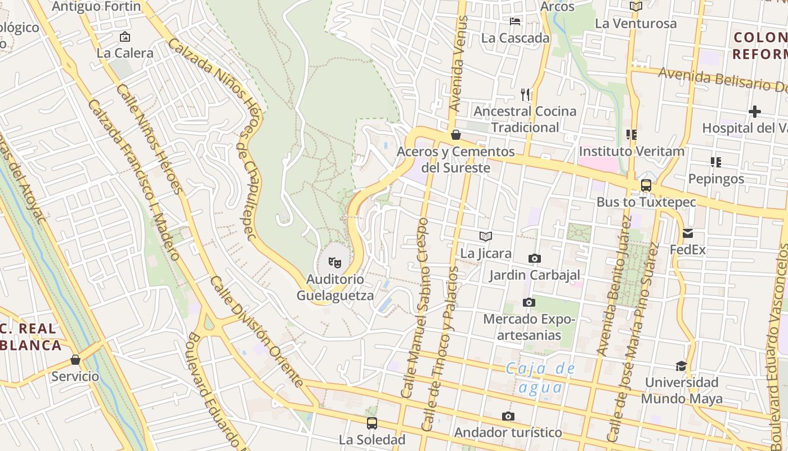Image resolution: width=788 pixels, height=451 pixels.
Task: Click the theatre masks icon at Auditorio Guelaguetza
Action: point(335,262)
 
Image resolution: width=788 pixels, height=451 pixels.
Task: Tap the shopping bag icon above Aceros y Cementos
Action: point(456,135)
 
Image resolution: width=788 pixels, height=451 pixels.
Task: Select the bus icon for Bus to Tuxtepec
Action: point(646,185)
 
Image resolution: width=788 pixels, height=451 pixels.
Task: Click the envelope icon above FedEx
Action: point(688,233)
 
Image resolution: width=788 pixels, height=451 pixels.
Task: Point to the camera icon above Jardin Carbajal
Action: point(535,258)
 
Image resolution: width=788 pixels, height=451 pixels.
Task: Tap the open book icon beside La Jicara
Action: point(486,236)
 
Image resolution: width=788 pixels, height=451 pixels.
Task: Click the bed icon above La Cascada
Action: point(515,21)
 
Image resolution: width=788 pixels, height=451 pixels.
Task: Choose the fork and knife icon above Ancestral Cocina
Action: point(525,94)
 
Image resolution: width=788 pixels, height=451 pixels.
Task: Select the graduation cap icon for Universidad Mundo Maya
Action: point(681,366)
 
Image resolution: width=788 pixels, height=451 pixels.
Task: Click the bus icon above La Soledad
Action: point(371,423)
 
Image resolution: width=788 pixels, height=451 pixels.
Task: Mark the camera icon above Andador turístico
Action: point(508,416)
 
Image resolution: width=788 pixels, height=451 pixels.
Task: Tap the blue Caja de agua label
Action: point(540,378)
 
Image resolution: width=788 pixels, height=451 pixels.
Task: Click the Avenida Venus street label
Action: point(459,63)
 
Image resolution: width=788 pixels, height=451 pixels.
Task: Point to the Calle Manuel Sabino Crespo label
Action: point(415,307)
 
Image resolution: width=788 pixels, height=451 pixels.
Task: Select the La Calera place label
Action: point(125,53)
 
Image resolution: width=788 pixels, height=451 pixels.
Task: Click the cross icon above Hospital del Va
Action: point(755,112)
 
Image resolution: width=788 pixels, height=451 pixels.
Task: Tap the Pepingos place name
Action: point(716,179)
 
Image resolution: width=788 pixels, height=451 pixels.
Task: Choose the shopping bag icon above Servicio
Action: point(75,360)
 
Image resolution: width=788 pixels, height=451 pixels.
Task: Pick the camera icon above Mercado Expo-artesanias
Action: point(529,302)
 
